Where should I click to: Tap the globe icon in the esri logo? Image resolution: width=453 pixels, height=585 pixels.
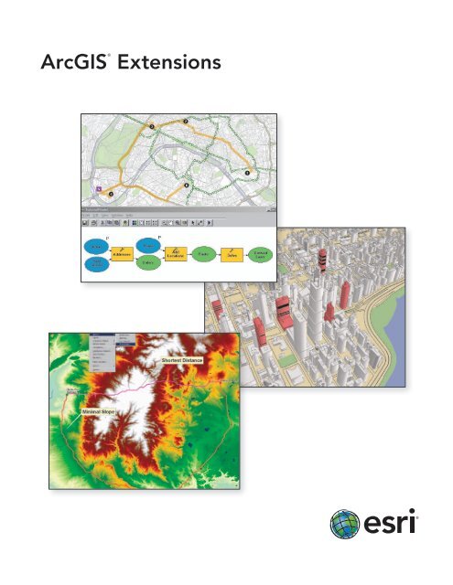point(347,525)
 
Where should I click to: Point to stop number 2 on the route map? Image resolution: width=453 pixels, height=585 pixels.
point(186,121)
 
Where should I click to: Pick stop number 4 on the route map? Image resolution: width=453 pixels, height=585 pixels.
point(187,186)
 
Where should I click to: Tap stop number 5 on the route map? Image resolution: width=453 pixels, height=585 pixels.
point(112,194)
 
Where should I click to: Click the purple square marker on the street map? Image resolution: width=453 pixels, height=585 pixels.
point(99,189)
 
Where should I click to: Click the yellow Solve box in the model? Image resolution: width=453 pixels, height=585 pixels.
point(234,257)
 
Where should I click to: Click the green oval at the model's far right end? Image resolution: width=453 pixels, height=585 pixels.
point(261,257)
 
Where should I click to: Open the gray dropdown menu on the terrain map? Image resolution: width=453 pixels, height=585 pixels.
point(104,351)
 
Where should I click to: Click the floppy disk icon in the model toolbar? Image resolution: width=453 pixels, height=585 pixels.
point(85,222)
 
